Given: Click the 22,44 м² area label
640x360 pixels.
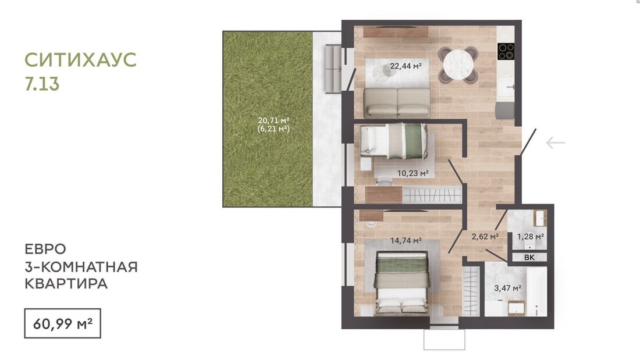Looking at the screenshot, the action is click(406, 66).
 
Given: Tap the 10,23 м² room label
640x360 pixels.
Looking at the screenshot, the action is click(413, 173).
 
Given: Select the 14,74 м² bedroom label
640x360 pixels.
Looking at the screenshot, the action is click(406, 241).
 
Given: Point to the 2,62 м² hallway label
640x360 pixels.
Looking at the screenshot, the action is click(485, 237).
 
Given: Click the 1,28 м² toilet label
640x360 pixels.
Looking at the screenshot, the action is click(530, 237).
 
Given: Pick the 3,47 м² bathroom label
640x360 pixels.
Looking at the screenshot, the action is click(508, 288).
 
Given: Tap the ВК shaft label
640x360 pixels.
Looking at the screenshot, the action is click(529, 258).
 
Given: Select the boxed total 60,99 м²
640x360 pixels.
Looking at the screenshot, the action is click(62, 324).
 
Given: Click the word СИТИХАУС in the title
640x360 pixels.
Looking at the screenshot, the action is click(80, 60).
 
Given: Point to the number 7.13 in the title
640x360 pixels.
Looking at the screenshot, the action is click(42, 84).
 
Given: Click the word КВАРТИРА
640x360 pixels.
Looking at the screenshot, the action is click(66, 284).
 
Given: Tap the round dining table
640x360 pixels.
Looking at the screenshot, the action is click(458, 65).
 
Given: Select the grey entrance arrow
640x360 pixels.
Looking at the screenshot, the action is click(556, 143).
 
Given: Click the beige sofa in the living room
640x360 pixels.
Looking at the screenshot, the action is click(397, 103).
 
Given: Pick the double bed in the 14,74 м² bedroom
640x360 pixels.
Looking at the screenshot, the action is click(402, 283).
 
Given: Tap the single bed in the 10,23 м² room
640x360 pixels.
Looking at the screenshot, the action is click(394, 141).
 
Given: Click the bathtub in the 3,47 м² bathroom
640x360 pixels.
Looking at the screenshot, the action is click(536, 291).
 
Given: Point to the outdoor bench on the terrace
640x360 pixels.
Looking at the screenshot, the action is click(332, 69).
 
